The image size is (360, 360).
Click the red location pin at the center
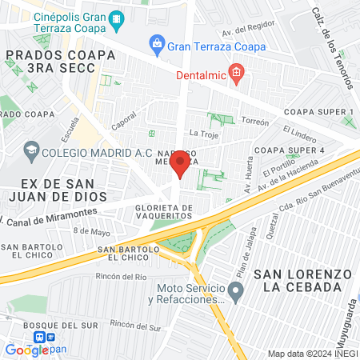coord(180,165)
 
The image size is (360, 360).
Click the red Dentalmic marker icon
coord(235,76)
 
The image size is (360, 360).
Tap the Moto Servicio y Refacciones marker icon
coord(235,293)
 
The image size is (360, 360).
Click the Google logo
coord(26,350)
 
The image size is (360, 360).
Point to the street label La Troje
coord(204,133)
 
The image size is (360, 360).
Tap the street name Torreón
coord(255,122)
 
